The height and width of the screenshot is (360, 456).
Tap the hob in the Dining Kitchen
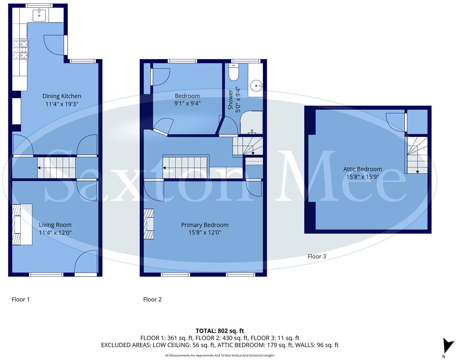[20, 50]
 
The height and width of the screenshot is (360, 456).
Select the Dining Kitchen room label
[62, 96]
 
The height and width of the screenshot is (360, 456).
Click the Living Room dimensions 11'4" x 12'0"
[55, 233]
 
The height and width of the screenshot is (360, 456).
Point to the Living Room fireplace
[16, 224]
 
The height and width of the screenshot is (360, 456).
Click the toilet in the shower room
[233, 72]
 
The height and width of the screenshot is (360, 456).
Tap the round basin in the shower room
[256, 86]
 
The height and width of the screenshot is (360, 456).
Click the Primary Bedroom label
[205, 225]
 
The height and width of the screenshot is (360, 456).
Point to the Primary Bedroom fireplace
[149, 224]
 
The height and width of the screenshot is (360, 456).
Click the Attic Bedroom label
[362, 169]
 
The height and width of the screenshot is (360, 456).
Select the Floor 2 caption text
[152, 299]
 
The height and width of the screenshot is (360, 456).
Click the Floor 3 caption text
[317, 256]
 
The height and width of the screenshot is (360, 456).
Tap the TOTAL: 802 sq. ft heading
[219, 331]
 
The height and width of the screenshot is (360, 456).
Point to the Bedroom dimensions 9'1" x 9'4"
[187, 103]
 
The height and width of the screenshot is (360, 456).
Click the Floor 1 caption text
[21, 299]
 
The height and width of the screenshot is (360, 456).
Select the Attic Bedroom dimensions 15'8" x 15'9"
[362, 177]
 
